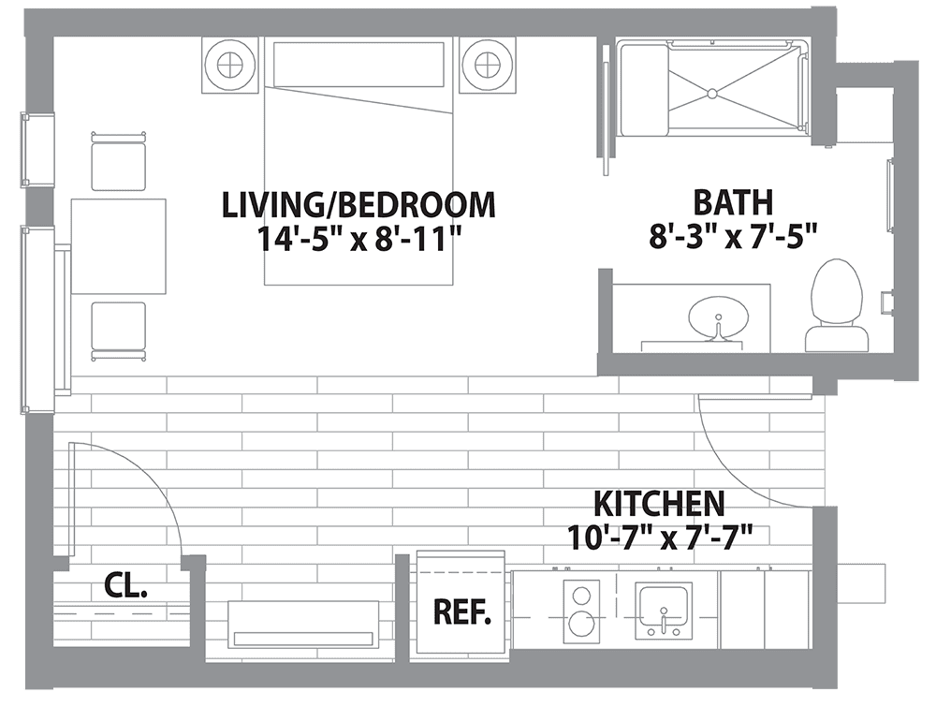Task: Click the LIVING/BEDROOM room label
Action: tap(358, 204)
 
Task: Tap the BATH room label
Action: tap(733, 202)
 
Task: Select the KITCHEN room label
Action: tap(661, 504)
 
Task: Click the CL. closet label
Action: tap(124, 588)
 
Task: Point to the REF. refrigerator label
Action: tap(462, 612)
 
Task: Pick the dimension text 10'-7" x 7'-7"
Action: tap(661, 537)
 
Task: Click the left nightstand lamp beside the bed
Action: tap(229, 65)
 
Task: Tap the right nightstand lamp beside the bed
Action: tap(488, 65)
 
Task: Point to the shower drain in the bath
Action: tap(711, 93)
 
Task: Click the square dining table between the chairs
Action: tap(119, 245)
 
